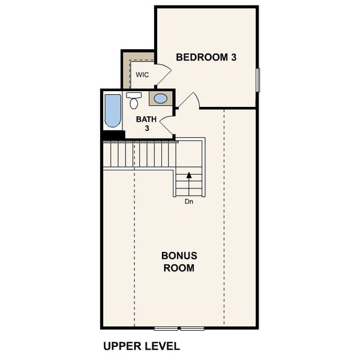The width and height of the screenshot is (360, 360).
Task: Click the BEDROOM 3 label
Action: [x=206, y=58]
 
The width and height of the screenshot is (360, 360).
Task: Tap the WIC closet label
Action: [x=142, y=75]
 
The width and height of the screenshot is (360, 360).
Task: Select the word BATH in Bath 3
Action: [x=146, y=119]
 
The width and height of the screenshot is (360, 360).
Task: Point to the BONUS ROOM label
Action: [x=179, y=262]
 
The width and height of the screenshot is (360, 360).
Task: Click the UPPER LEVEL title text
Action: [x=141, y=346]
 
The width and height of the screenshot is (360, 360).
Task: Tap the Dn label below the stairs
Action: [x=189, y=202]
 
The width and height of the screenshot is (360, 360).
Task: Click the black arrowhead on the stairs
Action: [x=190, y=176]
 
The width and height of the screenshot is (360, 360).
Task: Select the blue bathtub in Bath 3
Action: [x=112, y=110]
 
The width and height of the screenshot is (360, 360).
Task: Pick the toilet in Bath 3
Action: [x=133, y=100]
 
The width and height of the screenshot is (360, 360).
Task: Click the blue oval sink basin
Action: [x=161, y=98]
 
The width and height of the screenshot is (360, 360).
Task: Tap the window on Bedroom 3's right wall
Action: [x=257, y=80]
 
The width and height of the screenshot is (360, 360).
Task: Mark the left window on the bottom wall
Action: [x=166, y=328]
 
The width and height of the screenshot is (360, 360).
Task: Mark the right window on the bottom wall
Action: [x=193, y=328]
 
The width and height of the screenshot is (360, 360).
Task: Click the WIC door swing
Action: [x=162, y=74]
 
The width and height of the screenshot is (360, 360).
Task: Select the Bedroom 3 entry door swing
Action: [x=189, y=101]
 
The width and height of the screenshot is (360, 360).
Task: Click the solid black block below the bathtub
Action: [x=112, y=136]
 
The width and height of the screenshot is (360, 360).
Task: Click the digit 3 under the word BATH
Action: [x=146, y=128]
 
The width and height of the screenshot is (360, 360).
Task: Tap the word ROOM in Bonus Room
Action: [x=179, y=268]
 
